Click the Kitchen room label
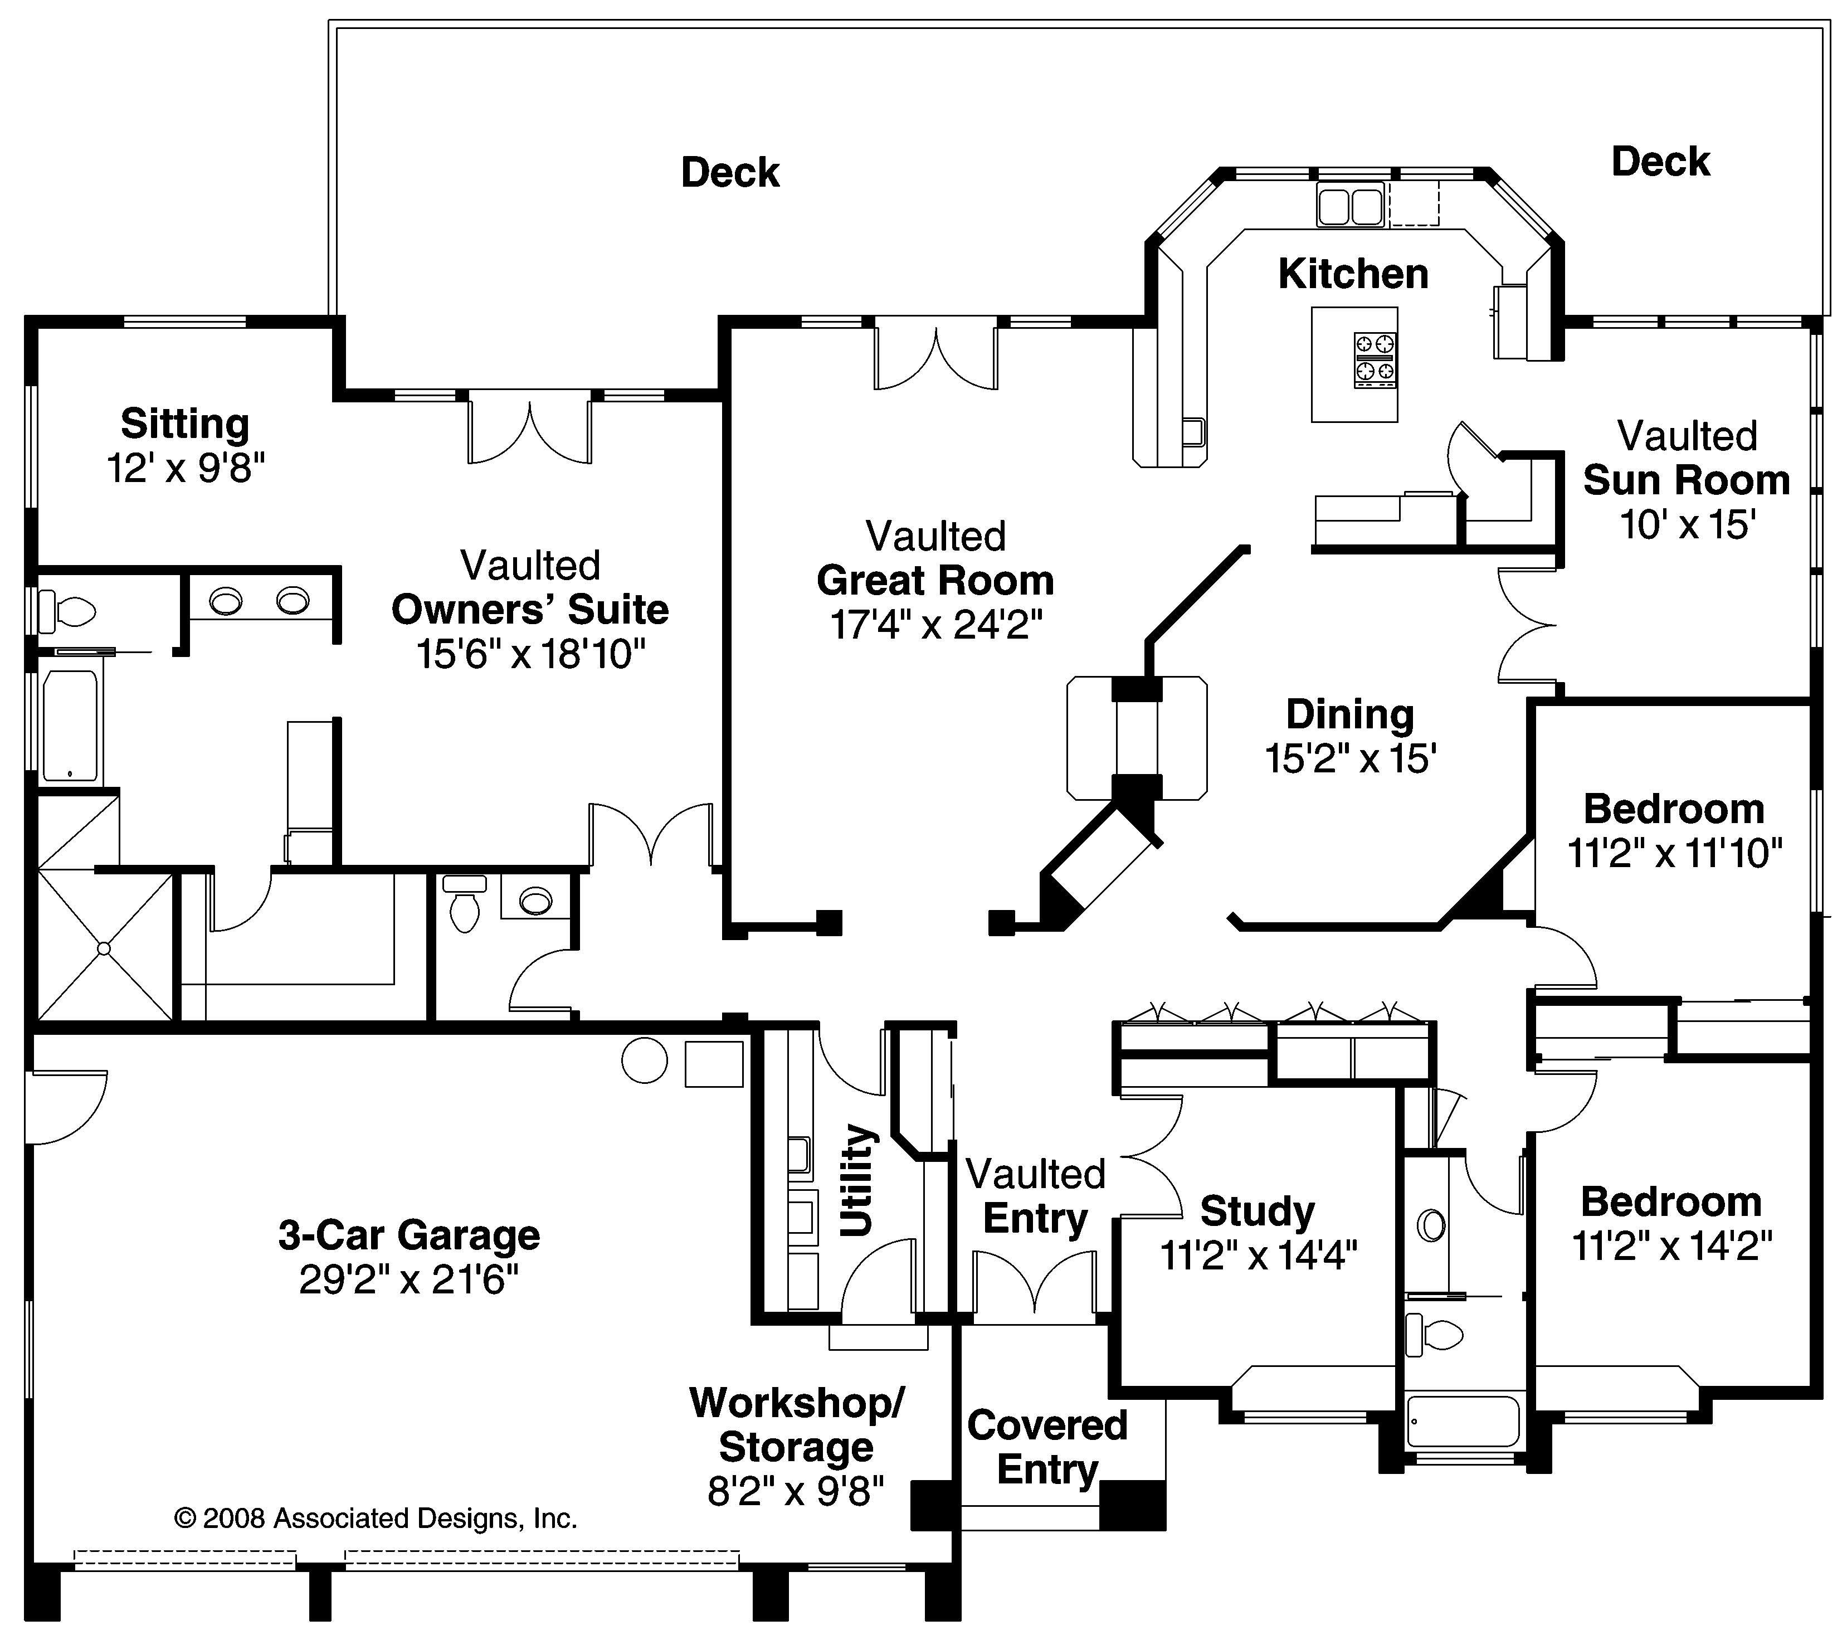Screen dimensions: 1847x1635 1353,274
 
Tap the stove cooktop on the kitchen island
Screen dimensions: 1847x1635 1375,360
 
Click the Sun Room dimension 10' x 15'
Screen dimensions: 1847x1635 1687,524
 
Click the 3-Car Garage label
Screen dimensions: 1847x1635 410,1235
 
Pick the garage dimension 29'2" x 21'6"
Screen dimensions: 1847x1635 410,1279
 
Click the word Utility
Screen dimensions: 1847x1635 856,1180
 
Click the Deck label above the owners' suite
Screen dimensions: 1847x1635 730,172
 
